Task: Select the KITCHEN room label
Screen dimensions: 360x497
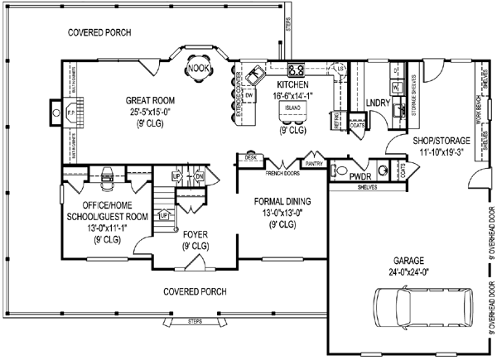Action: [x=293, y=85]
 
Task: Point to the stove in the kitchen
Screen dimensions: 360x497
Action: [x=296, y=70]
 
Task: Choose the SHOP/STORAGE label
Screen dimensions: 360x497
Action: [x=442, y=141]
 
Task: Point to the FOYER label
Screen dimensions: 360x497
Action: [x=195, y=234]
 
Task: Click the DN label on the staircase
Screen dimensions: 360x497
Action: [x=200, y=177]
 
